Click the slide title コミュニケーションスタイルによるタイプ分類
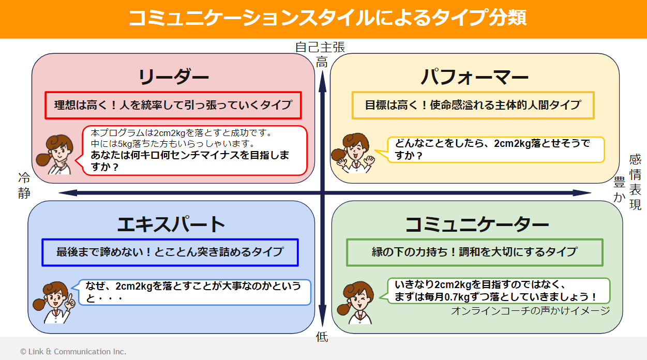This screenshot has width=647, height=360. click(326, 18)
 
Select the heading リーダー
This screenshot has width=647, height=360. click(173, 77)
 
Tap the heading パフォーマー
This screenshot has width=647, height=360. click(474, 78)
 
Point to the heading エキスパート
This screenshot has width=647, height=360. click(171, 224)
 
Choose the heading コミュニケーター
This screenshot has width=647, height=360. click(476, 224)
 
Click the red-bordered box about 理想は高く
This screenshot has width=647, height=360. click(173, 105)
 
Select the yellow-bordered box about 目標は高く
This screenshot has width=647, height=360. click(473, 105)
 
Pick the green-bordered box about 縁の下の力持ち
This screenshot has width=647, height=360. click(474, 252)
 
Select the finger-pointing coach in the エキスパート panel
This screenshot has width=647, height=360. click(53, 302)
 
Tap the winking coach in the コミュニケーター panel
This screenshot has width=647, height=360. click(358, 302)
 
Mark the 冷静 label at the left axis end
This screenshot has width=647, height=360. click(24, 186)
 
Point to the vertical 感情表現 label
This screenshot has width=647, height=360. click(635, 182)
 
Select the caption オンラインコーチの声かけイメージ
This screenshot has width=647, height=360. click(530, 310)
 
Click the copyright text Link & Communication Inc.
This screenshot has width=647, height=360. click(73, 351)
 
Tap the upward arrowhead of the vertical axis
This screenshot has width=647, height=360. click(322, 75)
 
